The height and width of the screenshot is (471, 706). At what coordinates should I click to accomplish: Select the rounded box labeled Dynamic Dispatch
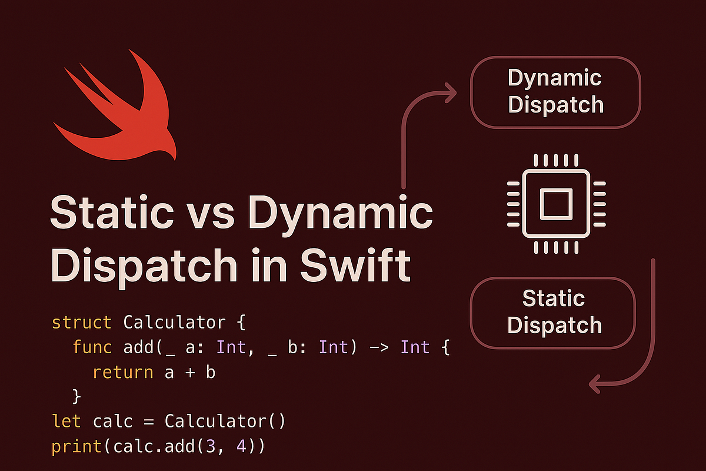point(555,92)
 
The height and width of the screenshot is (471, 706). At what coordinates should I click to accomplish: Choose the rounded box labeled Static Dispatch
point(554,313)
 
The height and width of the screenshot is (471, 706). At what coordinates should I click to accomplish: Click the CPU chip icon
point(556,204)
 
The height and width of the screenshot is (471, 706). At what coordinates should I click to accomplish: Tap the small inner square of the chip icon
point(556,204)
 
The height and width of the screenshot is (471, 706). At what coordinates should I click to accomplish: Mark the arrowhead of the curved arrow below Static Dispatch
point(595,385)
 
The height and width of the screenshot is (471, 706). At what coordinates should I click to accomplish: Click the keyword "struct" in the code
point(81,323)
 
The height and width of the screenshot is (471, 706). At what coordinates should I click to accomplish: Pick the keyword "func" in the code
point(92,347)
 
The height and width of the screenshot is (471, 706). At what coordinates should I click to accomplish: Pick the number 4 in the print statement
point(242,446)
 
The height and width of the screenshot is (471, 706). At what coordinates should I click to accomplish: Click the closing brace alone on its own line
point(76,397)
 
